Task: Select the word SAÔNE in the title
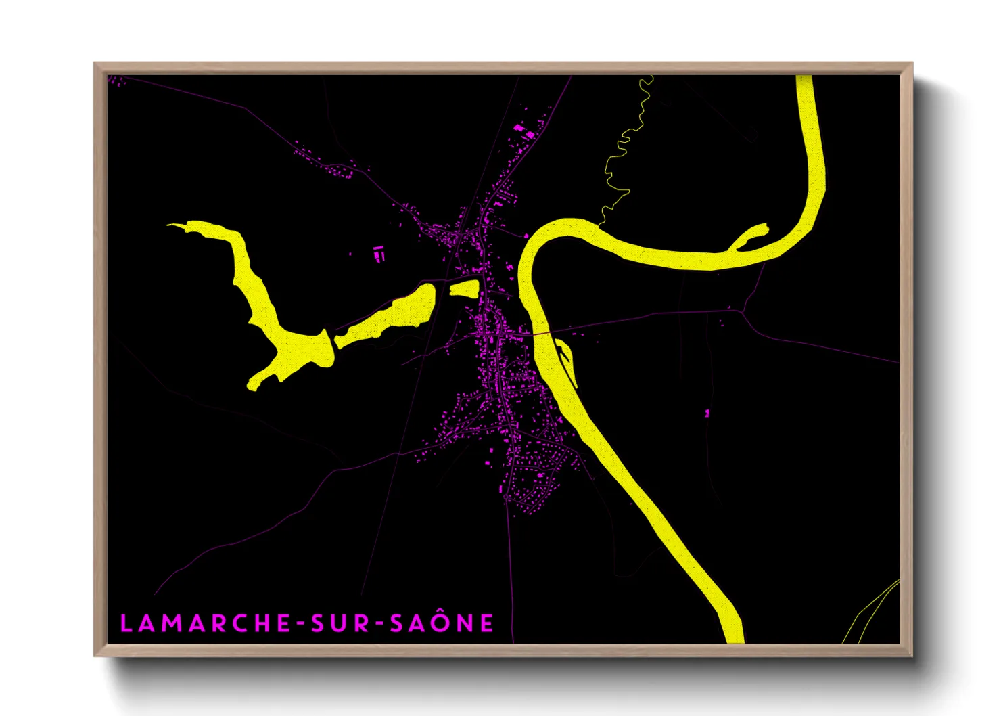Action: [x=442, y=623]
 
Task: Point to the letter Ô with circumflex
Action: [x=440, y=622]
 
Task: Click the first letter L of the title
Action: [x=126, y=623]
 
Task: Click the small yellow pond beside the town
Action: [x=465, y=289]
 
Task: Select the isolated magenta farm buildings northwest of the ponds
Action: [x=379, y=254]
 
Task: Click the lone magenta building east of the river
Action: [x=707, y=412]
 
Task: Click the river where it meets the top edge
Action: [x=804, y=80]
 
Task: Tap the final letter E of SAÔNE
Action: [x=487, y=623]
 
